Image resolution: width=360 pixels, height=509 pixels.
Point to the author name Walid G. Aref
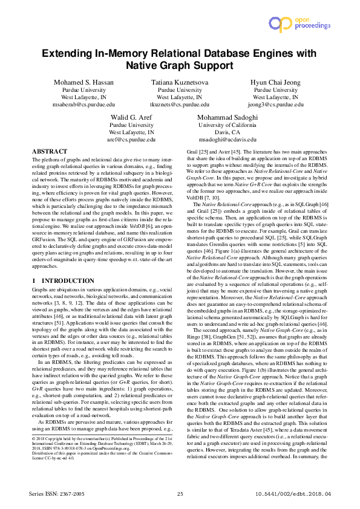click(131, 117)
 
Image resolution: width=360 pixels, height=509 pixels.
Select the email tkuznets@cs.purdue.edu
click(180, 104)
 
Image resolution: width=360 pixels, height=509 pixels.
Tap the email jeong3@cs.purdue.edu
click(276, 104)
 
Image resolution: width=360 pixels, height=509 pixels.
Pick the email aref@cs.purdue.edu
click(131, 139)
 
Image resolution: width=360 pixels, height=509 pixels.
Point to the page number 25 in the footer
click(180, 494)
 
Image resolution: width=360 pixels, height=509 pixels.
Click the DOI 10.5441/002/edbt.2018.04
click(290, 494)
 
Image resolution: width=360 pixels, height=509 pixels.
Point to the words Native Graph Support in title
click(180, 64)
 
